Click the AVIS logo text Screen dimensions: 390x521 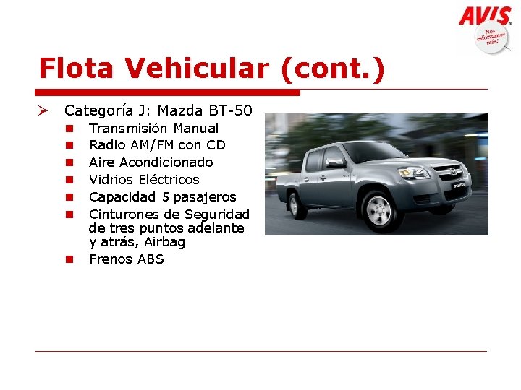485,15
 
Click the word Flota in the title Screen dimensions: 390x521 77,69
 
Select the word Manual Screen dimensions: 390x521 196,129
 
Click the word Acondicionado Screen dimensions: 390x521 166,162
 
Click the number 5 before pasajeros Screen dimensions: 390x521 166,197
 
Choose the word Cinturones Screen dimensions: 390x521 124,214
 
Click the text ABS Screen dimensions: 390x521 150,259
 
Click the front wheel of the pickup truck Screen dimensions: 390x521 378,210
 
